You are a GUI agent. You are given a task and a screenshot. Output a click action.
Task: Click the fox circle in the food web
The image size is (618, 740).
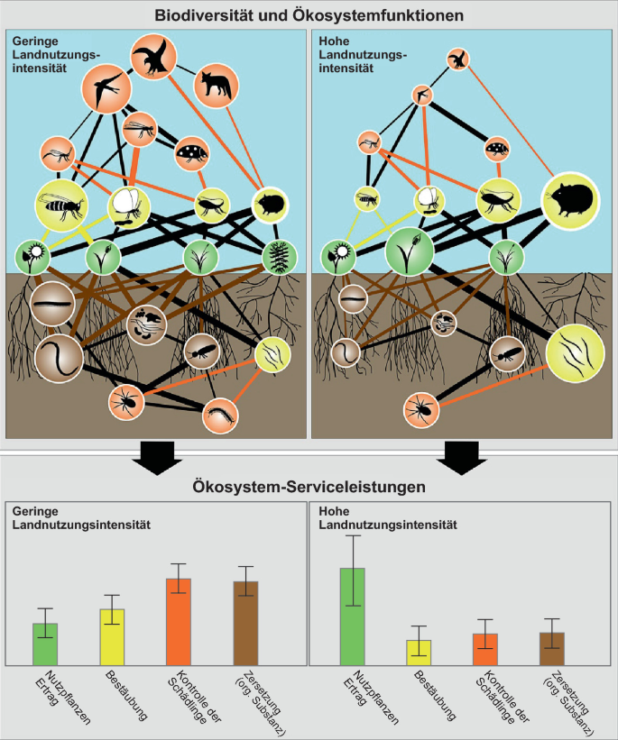[x=215, y=85]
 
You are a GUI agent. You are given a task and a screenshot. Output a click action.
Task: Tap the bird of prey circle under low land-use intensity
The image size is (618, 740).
[x=152, y=56]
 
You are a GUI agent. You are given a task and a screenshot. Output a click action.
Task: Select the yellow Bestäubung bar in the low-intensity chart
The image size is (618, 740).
[x=112, y=636]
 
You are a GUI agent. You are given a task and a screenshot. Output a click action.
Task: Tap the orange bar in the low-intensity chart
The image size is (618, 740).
[x=179, y=621]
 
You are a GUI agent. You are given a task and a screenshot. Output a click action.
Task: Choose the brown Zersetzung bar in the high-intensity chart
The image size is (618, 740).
[x=552, y=648]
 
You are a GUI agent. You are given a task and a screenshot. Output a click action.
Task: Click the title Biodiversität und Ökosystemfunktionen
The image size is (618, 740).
[x=309, y=15]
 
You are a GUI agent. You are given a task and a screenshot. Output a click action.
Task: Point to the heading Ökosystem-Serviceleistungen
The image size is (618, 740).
[x=309, y=488]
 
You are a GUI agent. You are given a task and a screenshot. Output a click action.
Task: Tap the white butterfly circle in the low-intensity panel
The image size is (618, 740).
[x=129, y=206]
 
